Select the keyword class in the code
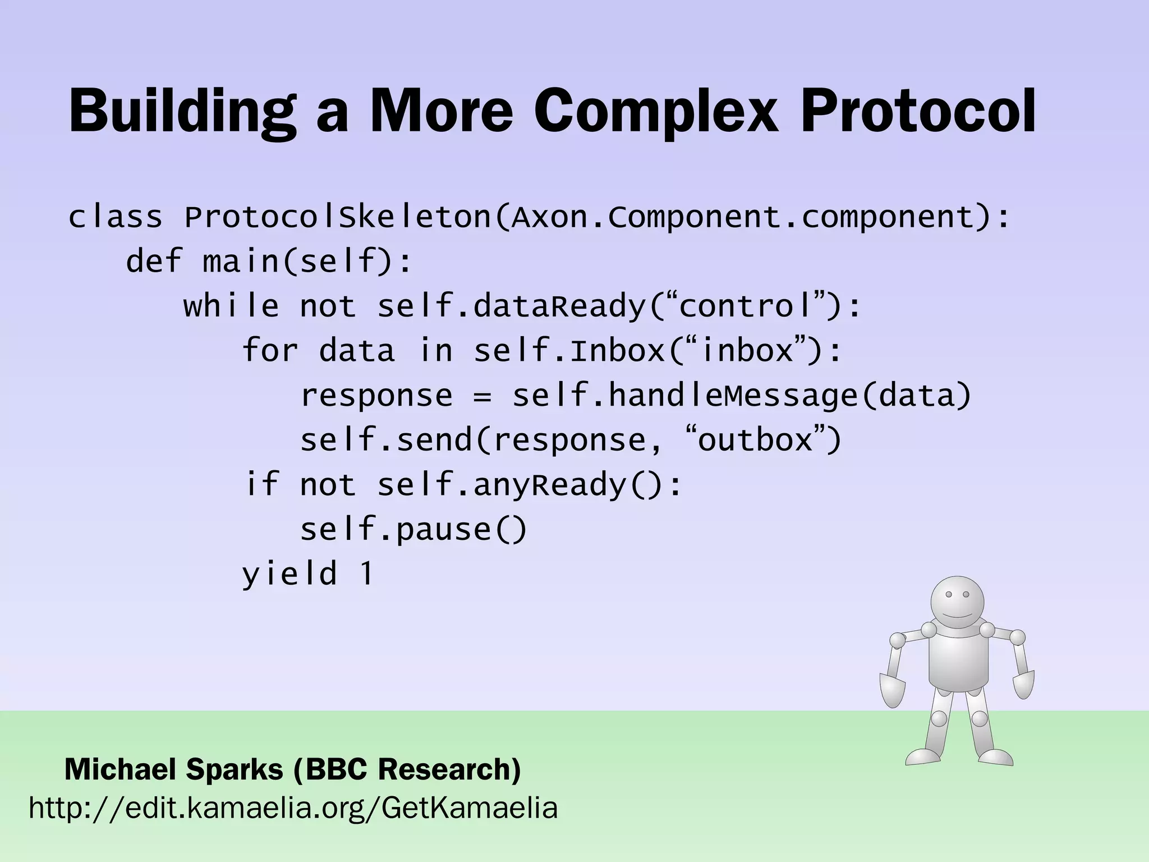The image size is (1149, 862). pos(115,217)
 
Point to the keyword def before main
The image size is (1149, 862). pos(153,262)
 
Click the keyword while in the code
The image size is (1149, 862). pos(231,306)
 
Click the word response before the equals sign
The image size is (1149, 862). pos(376,396)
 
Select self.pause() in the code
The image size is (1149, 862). pos(413,530)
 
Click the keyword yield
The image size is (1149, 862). pos(289,574)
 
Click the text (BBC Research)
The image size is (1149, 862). pos(407,769)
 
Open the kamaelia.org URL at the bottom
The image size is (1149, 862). pos(293,809)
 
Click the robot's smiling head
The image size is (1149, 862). pos(957,603)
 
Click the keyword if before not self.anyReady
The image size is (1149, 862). pos(261,484)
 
